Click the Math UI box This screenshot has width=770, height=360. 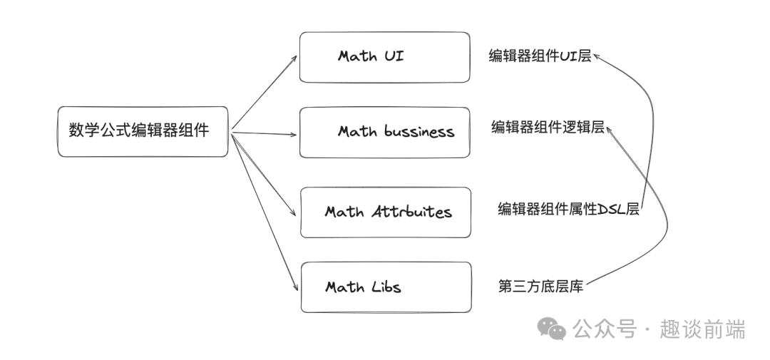pos(384,57)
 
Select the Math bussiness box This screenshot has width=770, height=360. pos(384,132)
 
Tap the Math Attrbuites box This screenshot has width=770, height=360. pos(386,212)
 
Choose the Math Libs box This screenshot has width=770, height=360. pos(386,287)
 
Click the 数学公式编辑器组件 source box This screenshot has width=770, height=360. pos(143,132)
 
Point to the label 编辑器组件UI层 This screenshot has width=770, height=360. pos(540,56)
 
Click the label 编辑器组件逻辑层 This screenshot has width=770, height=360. pos(548,127)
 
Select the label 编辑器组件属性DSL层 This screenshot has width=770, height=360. pos(569,209)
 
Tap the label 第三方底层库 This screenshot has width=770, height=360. pos(540,287)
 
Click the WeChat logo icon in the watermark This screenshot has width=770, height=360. pos(551,329)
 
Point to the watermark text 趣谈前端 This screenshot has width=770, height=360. pos(703,329)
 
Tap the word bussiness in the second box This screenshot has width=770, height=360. pos(419,131)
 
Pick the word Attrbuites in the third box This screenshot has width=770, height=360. pos(411,211)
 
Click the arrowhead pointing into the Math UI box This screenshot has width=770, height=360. pos(294,58)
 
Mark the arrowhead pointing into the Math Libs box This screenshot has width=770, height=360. pos(296,287)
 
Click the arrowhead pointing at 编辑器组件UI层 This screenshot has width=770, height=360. pos(597,56)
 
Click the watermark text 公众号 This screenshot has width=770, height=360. pos(605,329)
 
